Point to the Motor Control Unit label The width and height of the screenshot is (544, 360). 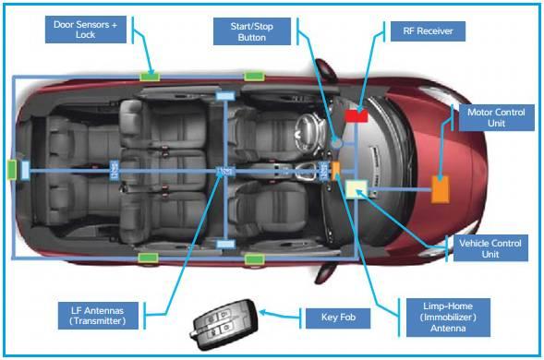click(x=495, y=118)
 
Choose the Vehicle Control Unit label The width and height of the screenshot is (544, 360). click(x=490, y=246)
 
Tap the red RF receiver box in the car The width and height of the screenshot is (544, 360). click(x=357, y=115)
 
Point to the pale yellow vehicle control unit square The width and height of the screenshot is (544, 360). click(x=357, y=189)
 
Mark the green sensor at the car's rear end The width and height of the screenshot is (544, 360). click(x=12, y=169)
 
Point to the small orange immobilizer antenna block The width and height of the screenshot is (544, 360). click(x=337, y=169)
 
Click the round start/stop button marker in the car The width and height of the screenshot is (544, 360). click(x=338, y=145)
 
